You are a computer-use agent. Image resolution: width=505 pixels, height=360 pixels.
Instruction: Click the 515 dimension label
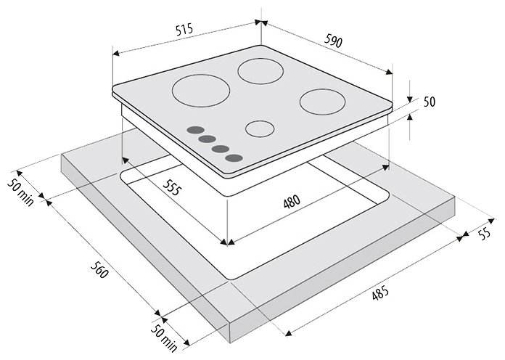tap(184, 29)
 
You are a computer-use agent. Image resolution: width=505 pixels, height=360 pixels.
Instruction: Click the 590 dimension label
tap(333, 41)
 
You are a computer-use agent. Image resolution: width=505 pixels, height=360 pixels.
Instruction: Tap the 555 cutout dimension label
tap(171, 187)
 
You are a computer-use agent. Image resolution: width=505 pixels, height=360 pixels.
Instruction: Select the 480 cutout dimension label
tap(292, 202)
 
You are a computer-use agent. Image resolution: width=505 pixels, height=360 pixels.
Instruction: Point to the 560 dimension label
tap(99, 269)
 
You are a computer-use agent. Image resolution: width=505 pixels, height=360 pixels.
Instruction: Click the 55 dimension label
tap(484, 233)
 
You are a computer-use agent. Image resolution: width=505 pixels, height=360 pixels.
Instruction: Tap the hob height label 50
tap(429, 102)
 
